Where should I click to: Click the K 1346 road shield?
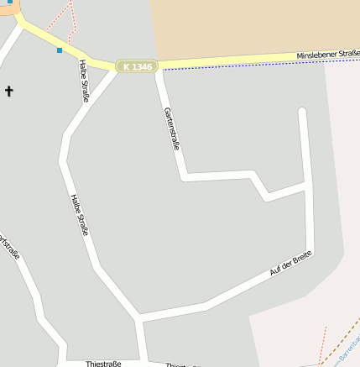click(138, 66)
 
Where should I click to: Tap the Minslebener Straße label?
click(327, 55)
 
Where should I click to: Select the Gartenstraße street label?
click(172, 128)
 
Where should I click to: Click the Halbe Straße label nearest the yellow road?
click(84, 80)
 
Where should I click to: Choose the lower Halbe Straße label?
click(79, 215)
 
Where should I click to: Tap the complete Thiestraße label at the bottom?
click(103, 364)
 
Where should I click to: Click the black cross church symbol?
click(9, 90)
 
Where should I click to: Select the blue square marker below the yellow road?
click(60, 50)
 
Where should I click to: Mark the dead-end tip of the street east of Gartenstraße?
click(303, 111)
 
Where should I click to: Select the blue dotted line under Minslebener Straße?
click(252, 65)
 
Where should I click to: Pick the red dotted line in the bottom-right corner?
click(322, 353)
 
